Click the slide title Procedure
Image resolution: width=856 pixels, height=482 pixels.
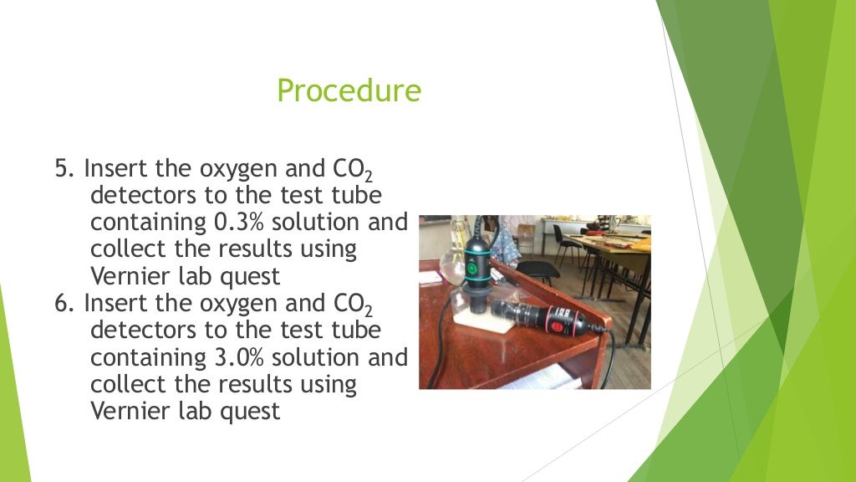pyautogui.click(x=349, y=90)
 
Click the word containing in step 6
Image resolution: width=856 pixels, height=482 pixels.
pyautogui.click(x=144, y=357)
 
